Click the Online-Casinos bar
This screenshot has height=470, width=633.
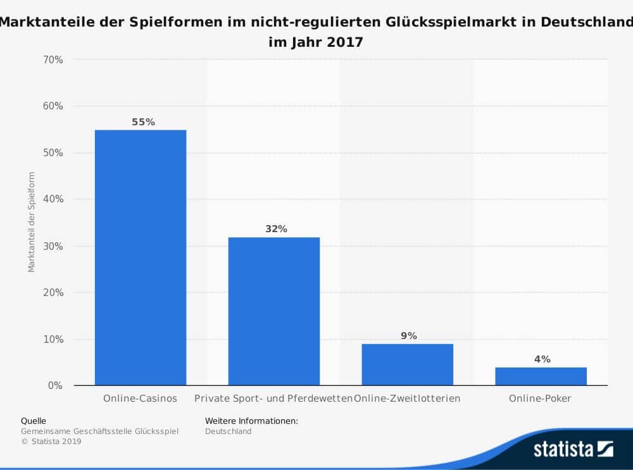click(141, 257)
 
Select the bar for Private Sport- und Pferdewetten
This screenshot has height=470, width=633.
click(273, 311)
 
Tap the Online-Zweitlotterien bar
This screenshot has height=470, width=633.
click(407, 364)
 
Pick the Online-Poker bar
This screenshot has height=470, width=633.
click(541, 376)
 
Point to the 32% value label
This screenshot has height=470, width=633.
click(276, 229)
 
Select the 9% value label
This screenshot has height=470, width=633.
click(409, 336)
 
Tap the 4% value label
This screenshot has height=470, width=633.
click(542, 359)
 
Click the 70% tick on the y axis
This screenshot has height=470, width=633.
click(53, 60)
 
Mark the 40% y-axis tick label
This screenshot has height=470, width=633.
click(53, 199)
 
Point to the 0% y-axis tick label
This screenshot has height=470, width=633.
click(55, 385)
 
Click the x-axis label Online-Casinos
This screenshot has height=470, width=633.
click(140, 399)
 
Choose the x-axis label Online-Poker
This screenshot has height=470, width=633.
click(540, 399)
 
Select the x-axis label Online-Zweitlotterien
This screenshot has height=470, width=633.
click(408, 399)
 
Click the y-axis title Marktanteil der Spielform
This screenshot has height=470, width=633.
click(31, 222)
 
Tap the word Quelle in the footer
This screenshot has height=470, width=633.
click(34, 421)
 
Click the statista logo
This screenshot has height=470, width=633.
click(573, 449)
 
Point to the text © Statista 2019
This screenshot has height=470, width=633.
click(51, 442)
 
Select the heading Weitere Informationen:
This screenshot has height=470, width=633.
click(251, 421)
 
